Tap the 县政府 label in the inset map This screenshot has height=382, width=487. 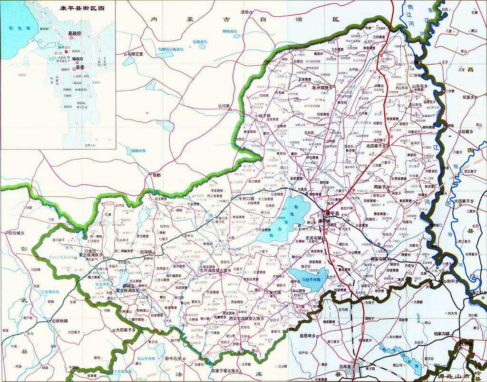click(75, 34)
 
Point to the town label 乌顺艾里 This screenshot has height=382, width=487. click(135, 54)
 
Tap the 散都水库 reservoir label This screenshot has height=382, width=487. click(138, 151)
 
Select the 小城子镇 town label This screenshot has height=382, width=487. click(262, 115)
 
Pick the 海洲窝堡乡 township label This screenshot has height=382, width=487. click(323, 88)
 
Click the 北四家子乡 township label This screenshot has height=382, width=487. click(377, 146)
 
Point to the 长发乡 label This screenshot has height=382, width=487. click(468, 97)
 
